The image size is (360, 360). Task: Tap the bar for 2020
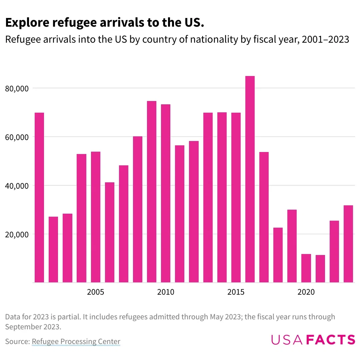pos(306,268)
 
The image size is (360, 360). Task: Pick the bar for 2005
pos(96,217)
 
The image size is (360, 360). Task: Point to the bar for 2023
pos(348,244)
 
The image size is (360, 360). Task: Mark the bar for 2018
pos(278,255)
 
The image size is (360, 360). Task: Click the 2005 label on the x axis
pos(96,292)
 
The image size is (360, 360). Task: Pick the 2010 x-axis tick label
pos(166,292)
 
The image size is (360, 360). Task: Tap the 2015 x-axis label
pos(236,292)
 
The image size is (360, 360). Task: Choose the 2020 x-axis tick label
pos(306,292)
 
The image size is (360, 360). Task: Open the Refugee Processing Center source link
pos(76,342)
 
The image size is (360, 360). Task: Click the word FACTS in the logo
pos(330,339)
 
